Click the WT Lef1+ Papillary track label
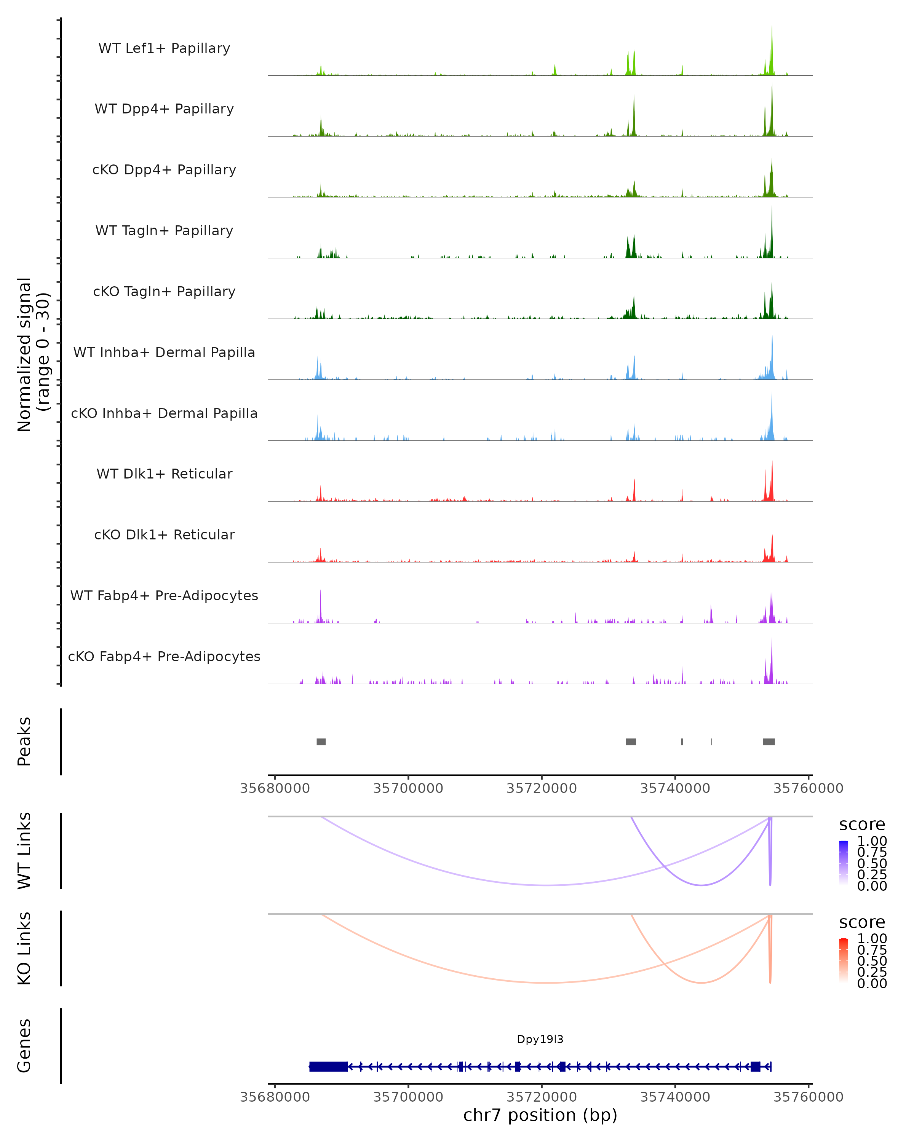tap(164, 48)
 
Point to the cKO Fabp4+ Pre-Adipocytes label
tap(164, 656)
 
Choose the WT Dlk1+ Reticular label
tap(164, 474)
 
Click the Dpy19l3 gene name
tap(540, 1039)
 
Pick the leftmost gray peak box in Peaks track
tap(321, 742)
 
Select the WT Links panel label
tap(24, 851)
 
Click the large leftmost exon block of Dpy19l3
tap(329, 1066)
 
